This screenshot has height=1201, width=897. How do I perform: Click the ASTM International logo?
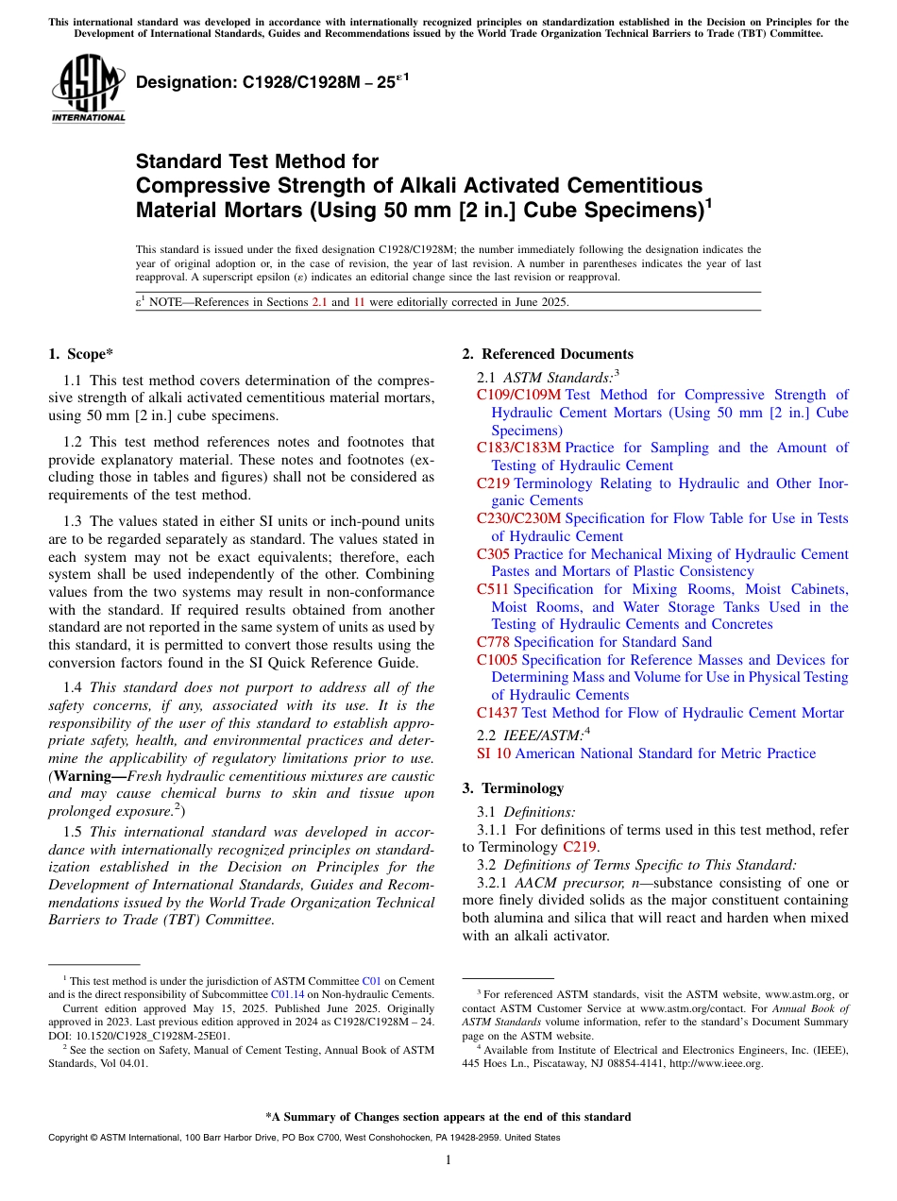(88, 90)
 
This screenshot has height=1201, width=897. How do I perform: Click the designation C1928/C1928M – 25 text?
(267, 83)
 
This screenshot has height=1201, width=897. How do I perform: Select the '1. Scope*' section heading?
(80, 354)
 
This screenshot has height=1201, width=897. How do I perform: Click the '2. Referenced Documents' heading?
(548, 354)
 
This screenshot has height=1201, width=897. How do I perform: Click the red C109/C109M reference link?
(518, 395)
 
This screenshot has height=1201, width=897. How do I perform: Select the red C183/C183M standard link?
(518, 448)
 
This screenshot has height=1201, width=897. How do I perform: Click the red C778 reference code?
(493, 642)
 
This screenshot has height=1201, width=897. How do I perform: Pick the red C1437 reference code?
(497, 713)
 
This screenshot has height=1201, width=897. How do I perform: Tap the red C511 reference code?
(493, 589)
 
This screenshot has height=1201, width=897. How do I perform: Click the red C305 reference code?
(493, 554)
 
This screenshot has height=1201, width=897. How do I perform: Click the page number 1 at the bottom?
(448, 1159)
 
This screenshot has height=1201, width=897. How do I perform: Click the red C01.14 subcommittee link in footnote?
(287, 994)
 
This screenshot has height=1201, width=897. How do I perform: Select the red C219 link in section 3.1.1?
(579, 847)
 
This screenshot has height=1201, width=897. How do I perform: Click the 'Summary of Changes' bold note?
(448, 1117)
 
